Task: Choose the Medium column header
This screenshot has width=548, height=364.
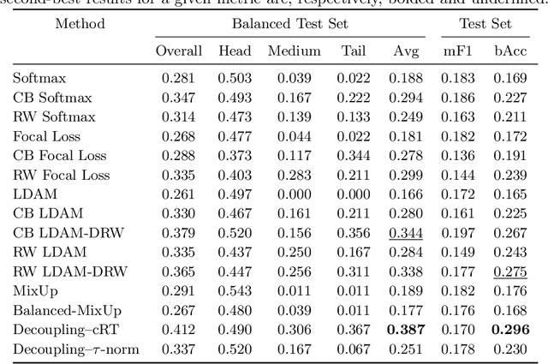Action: point(294,51)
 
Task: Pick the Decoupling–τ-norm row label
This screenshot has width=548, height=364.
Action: point(75,348)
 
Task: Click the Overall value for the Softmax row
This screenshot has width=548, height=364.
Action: point(179,79)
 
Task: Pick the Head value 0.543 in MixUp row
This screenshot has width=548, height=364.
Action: point(235,291)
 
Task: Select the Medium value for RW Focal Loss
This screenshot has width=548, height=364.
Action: point(294,176)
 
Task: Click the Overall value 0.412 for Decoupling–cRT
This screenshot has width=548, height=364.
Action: point(179,329)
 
